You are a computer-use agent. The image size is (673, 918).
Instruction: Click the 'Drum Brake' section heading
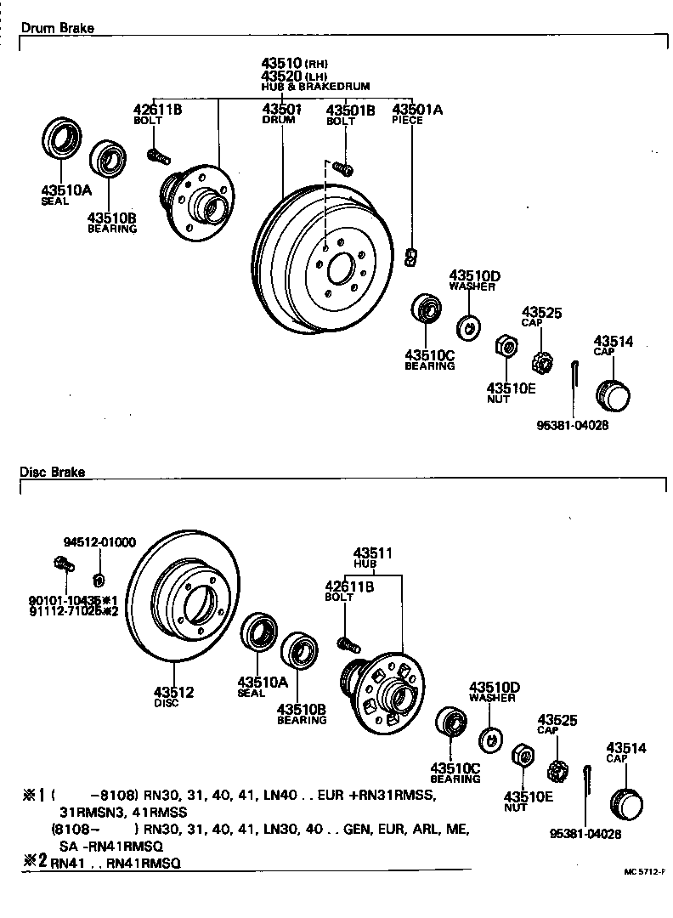point(57,28)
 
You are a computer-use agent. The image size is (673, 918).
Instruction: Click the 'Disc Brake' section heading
point(53,472)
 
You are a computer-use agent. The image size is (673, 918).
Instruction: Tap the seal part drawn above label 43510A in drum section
point(62,139)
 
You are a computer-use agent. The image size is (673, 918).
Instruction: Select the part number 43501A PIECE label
point(411,114)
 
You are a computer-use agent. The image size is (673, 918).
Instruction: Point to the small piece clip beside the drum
point(411,257)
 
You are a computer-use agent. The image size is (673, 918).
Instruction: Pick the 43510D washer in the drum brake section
point(467,325)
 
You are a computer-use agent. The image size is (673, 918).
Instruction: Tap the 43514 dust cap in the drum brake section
point(614,394)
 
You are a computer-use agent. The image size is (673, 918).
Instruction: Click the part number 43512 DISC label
point(173,697)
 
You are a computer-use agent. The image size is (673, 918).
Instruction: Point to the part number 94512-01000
point(99,542)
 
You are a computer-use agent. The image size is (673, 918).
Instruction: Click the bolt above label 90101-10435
point(62,563)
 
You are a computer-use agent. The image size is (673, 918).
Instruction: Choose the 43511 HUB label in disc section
point(373,558)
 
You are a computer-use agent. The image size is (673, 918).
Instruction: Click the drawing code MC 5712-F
point(645,872)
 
